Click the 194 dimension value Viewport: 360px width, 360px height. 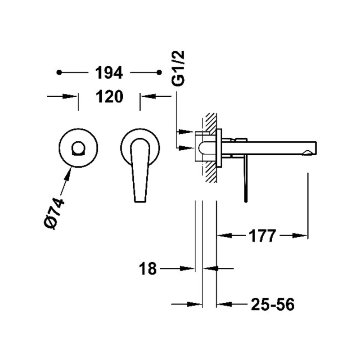pos(109,72)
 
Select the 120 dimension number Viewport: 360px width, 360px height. pos(109,96)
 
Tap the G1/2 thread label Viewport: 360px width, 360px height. pos(178,68)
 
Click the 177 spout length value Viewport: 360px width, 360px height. pos(262,235)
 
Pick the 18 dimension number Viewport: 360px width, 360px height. pos(148,268)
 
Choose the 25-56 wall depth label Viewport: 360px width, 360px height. pos(273,305)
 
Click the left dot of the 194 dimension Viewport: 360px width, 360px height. pos(59,72)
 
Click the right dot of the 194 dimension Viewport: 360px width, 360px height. pos(159,72)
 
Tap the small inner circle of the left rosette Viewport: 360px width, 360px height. pos(78,148)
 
